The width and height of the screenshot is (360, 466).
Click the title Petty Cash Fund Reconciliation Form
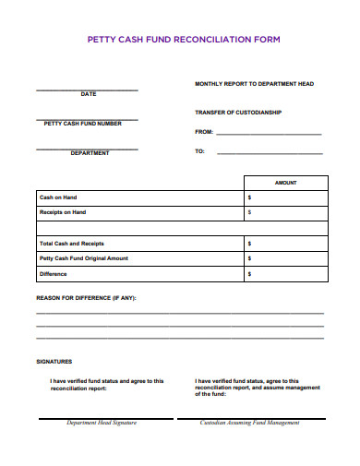coord(183,41)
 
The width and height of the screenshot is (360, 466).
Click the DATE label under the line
coord(88,94)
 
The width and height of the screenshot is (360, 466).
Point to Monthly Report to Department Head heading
coord(254,84)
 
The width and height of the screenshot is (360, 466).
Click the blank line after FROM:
coord(269,133)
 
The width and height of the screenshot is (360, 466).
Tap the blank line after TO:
coord(269,152)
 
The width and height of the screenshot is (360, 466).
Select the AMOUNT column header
coord(286,183)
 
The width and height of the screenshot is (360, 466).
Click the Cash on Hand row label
coord(57,197)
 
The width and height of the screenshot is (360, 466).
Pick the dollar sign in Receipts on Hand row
coord(249,212)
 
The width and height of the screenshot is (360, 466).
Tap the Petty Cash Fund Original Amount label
coord(83,257)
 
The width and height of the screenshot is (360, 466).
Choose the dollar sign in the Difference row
coord(249,273)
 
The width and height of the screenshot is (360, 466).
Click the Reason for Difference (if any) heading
coord(85,299)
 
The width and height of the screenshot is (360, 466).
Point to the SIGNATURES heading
coord(54,362)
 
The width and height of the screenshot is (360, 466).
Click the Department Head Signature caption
coord(102,423)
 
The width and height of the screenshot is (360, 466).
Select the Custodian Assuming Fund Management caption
coord(250,423)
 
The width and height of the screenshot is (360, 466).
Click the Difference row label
coord(53,273)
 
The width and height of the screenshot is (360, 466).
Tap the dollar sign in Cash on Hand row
coord(249,197)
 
